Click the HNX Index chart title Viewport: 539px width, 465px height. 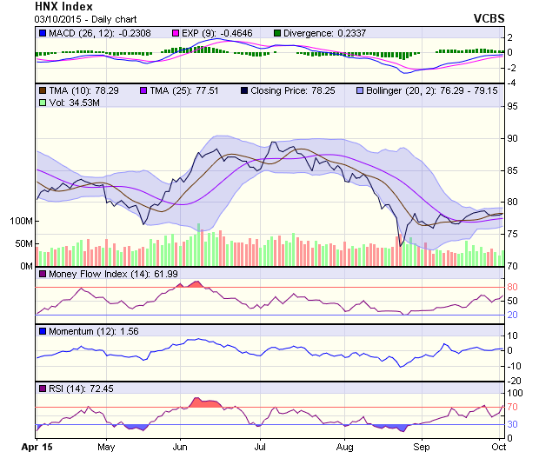pos(63,6)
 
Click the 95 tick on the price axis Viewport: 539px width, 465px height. pos(513,107)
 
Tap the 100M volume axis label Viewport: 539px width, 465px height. pos(20,221)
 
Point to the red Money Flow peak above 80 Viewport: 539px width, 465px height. pos(193,284)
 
